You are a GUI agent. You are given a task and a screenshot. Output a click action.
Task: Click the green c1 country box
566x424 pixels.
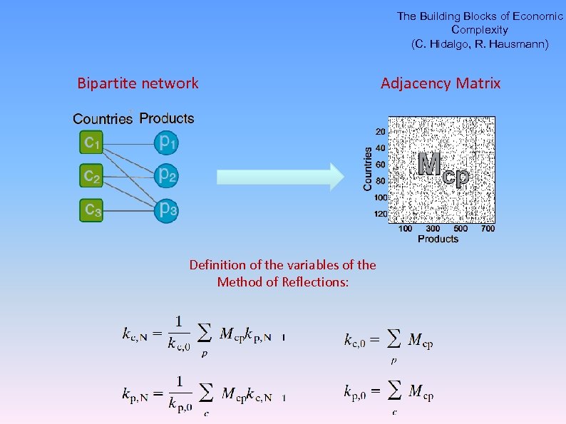(91, 143)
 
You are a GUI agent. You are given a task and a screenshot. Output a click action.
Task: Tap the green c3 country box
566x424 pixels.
(91, 210)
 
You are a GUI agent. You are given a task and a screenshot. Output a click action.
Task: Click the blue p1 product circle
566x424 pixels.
(167, 143)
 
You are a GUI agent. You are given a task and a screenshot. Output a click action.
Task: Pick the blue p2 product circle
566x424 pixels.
(167, 175)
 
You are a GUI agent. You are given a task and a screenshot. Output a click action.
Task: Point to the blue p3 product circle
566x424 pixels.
(167, 210)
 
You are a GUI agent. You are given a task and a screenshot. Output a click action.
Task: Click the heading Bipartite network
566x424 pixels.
(138, 83)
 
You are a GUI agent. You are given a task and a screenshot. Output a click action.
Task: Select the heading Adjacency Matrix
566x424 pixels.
(441, 83)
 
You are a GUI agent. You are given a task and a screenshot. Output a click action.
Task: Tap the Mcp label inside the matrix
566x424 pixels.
(443, 167)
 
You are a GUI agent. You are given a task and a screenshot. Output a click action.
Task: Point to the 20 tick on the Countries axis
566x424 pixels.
(381, 132)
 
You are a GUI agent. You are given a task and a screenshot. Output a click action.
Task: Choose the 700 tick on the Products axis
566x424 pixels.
(488, 229)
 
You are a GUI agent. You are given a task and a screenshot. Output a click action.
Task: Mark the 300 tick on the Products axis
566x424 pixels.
(433, 229)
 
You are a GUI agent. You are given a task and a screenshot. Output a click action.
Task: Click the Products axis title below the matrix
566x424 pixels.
(438, 239)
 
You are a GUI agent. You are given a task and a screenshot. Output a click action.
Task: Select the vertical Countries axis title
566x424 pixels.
(369, 169)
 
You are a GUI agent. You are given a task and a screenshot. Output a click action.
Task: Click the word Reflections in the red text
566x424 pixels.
(315, 282)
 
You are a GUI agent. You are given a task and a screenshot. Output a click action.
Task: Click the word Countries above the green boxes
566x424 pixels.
(103, 119)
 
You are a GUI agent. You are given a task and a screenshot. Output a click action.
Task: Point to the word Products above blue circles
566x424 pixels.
(167, 118)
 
